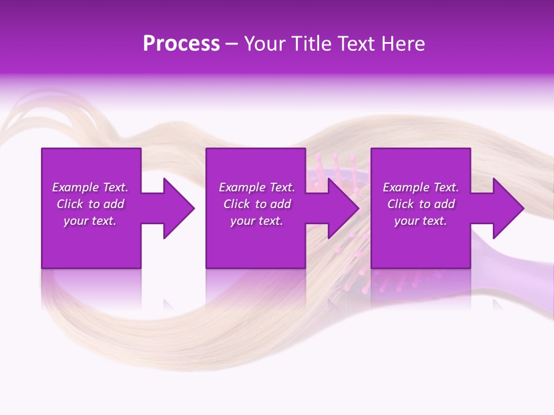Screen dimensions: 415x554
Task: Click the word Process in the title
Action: click(x=181, y=43)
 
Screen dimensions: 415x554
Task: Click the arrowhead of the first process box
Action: click(x=178, y=208)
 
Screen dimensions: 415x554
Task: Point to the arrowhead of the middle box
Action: click(x=343, y=208)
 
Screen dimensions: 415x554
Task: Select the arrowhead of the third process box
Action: click(x=508, y=208)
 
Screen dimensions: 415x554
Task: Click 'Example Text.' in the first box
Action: click(x=90, y=187)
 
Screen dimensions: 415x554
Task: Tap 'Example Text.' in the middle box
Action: click(x=257, y=187)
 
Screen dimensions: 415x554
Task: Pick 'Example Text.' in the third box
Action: click(x=421, y=187)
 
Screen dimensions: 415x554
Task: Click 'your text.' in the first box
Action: click(x=90, y=221)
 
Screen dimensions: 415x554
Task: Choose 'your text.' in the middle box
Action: click(x=257, y=221)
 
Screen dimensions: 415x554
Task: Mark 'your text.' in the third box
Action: click(x=421, y=221)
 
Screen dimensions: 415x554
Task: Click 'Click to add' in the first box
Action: click(x=90, y=204)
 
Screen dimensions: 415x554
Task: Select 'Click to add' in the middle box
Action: click(x=257, y=204)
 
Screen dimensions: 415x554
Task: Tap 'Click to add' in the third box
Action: click(x=421, y=204)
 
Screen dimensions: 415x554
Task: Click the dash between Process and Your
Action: click(x=232, y=44)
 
